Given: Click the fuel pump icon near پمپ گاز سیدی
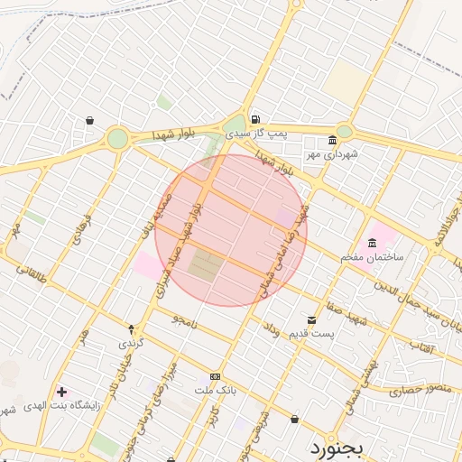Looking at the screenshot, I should (x=256, y=119).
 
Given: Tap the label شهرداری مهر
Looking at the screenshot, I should (x=331, y=154).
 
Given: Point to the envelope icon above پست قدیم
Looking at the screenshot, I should (x=312, y=319).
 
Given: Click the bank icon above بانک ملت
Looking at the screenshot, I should (x=215, y=376).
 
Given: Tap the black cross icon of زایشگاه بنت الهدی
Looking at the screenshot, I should (x=61, y=392).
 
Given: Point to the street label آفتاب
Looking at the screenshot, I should (x=422, y=346).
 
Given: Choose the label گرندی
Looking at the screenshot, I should (x=130, y=344).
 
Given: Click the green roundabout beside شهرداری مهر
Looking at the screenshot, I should (x=344, y=132).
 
